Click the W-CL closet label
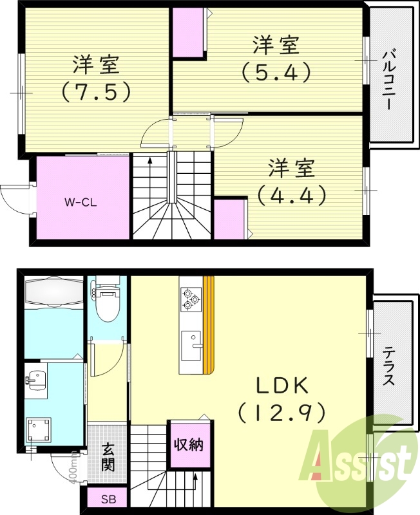(x=81, y=201)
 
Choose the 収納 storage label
(x=188, y=444)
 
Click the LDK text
(x=283, y=386)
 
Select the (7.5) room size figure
(x=97, y=92)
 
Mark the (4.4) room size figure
(x=291, y=194)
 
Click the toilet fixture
(x=108, y=299)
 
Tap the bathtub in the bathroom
(x=54, y=293)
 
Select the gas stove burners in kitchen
(x=189, y=297)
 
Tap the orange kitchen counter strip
(x=207, y=325)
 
